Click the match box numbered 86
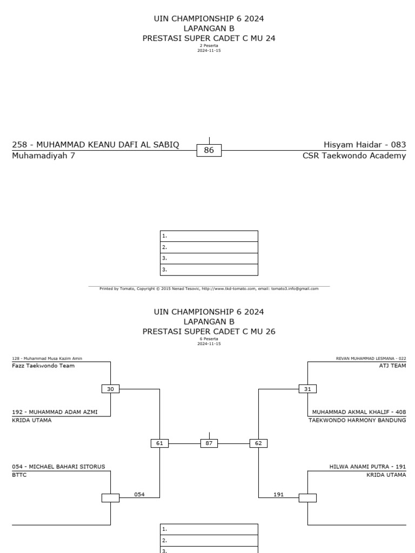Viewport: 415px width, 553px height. coord(209,151)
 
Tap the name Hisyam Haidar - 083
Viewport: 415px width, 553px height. coord(364,145)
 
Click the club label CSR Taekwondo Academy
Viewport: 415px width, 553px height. coord(354,156)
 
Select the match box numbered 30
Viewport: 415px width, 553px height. coord(110,389)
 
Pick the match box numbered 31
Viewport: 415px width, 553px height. coord(307,389)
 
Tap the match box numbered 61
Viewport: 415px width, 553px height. coord(159,443)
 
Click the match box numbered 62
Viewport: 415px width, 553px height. coord(258,443)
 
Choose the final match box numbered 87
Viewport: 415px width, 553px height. coord(209,443)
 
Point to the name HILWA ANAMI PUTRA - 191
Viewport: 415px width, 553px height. coord(367,467)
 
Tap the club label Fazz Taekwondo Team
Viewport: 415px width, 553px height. coord(43,366)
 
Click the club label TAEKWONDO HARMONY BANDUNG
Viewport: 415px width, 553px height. coord(357,420)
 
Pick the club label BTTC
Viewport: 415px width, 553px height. coord(19,475)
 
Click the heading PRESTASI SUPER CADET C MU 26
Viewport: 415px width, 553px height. coord(209,332)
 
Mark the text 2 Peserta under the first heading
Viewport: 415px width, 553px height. coord(209,46)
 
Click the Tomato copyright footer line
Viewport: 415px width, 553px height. coord(209,289)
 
